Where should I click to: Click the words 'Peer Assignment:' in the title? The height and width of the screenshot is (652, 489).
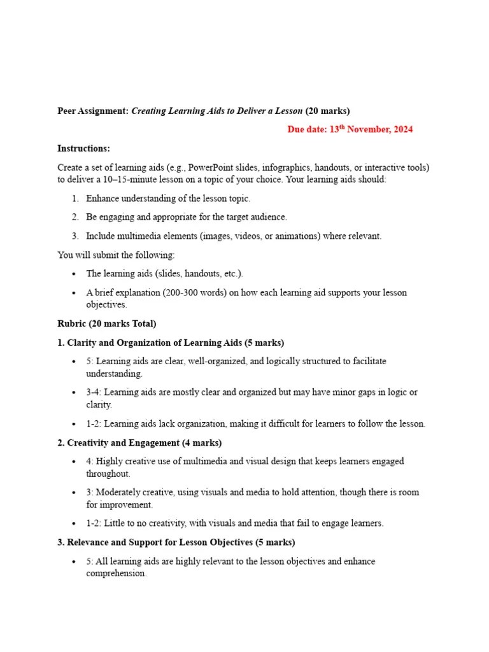point(93,111)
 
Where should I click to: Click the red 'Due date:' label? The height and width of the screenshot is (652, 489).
point(307,129)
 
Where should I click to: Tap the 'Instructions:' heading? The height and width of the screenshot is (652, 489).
point(83,148)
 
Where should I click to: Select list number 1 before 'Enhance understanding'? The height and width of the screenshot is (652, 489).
point(74,199)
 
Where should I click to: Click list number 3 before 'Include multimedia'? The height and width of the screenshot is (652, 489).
point(74,236)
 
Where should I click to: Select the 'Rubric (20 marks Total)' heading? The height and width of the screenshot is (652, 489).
point(106,323)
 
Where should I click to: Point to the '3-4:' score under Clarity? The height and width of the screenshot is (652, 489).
point(94,392)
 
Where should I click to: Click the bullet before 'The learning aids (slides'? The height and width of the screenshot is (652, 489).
point(74,274)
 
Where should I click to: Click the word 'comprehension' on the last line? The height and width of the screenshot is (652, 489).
point(116,573)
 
